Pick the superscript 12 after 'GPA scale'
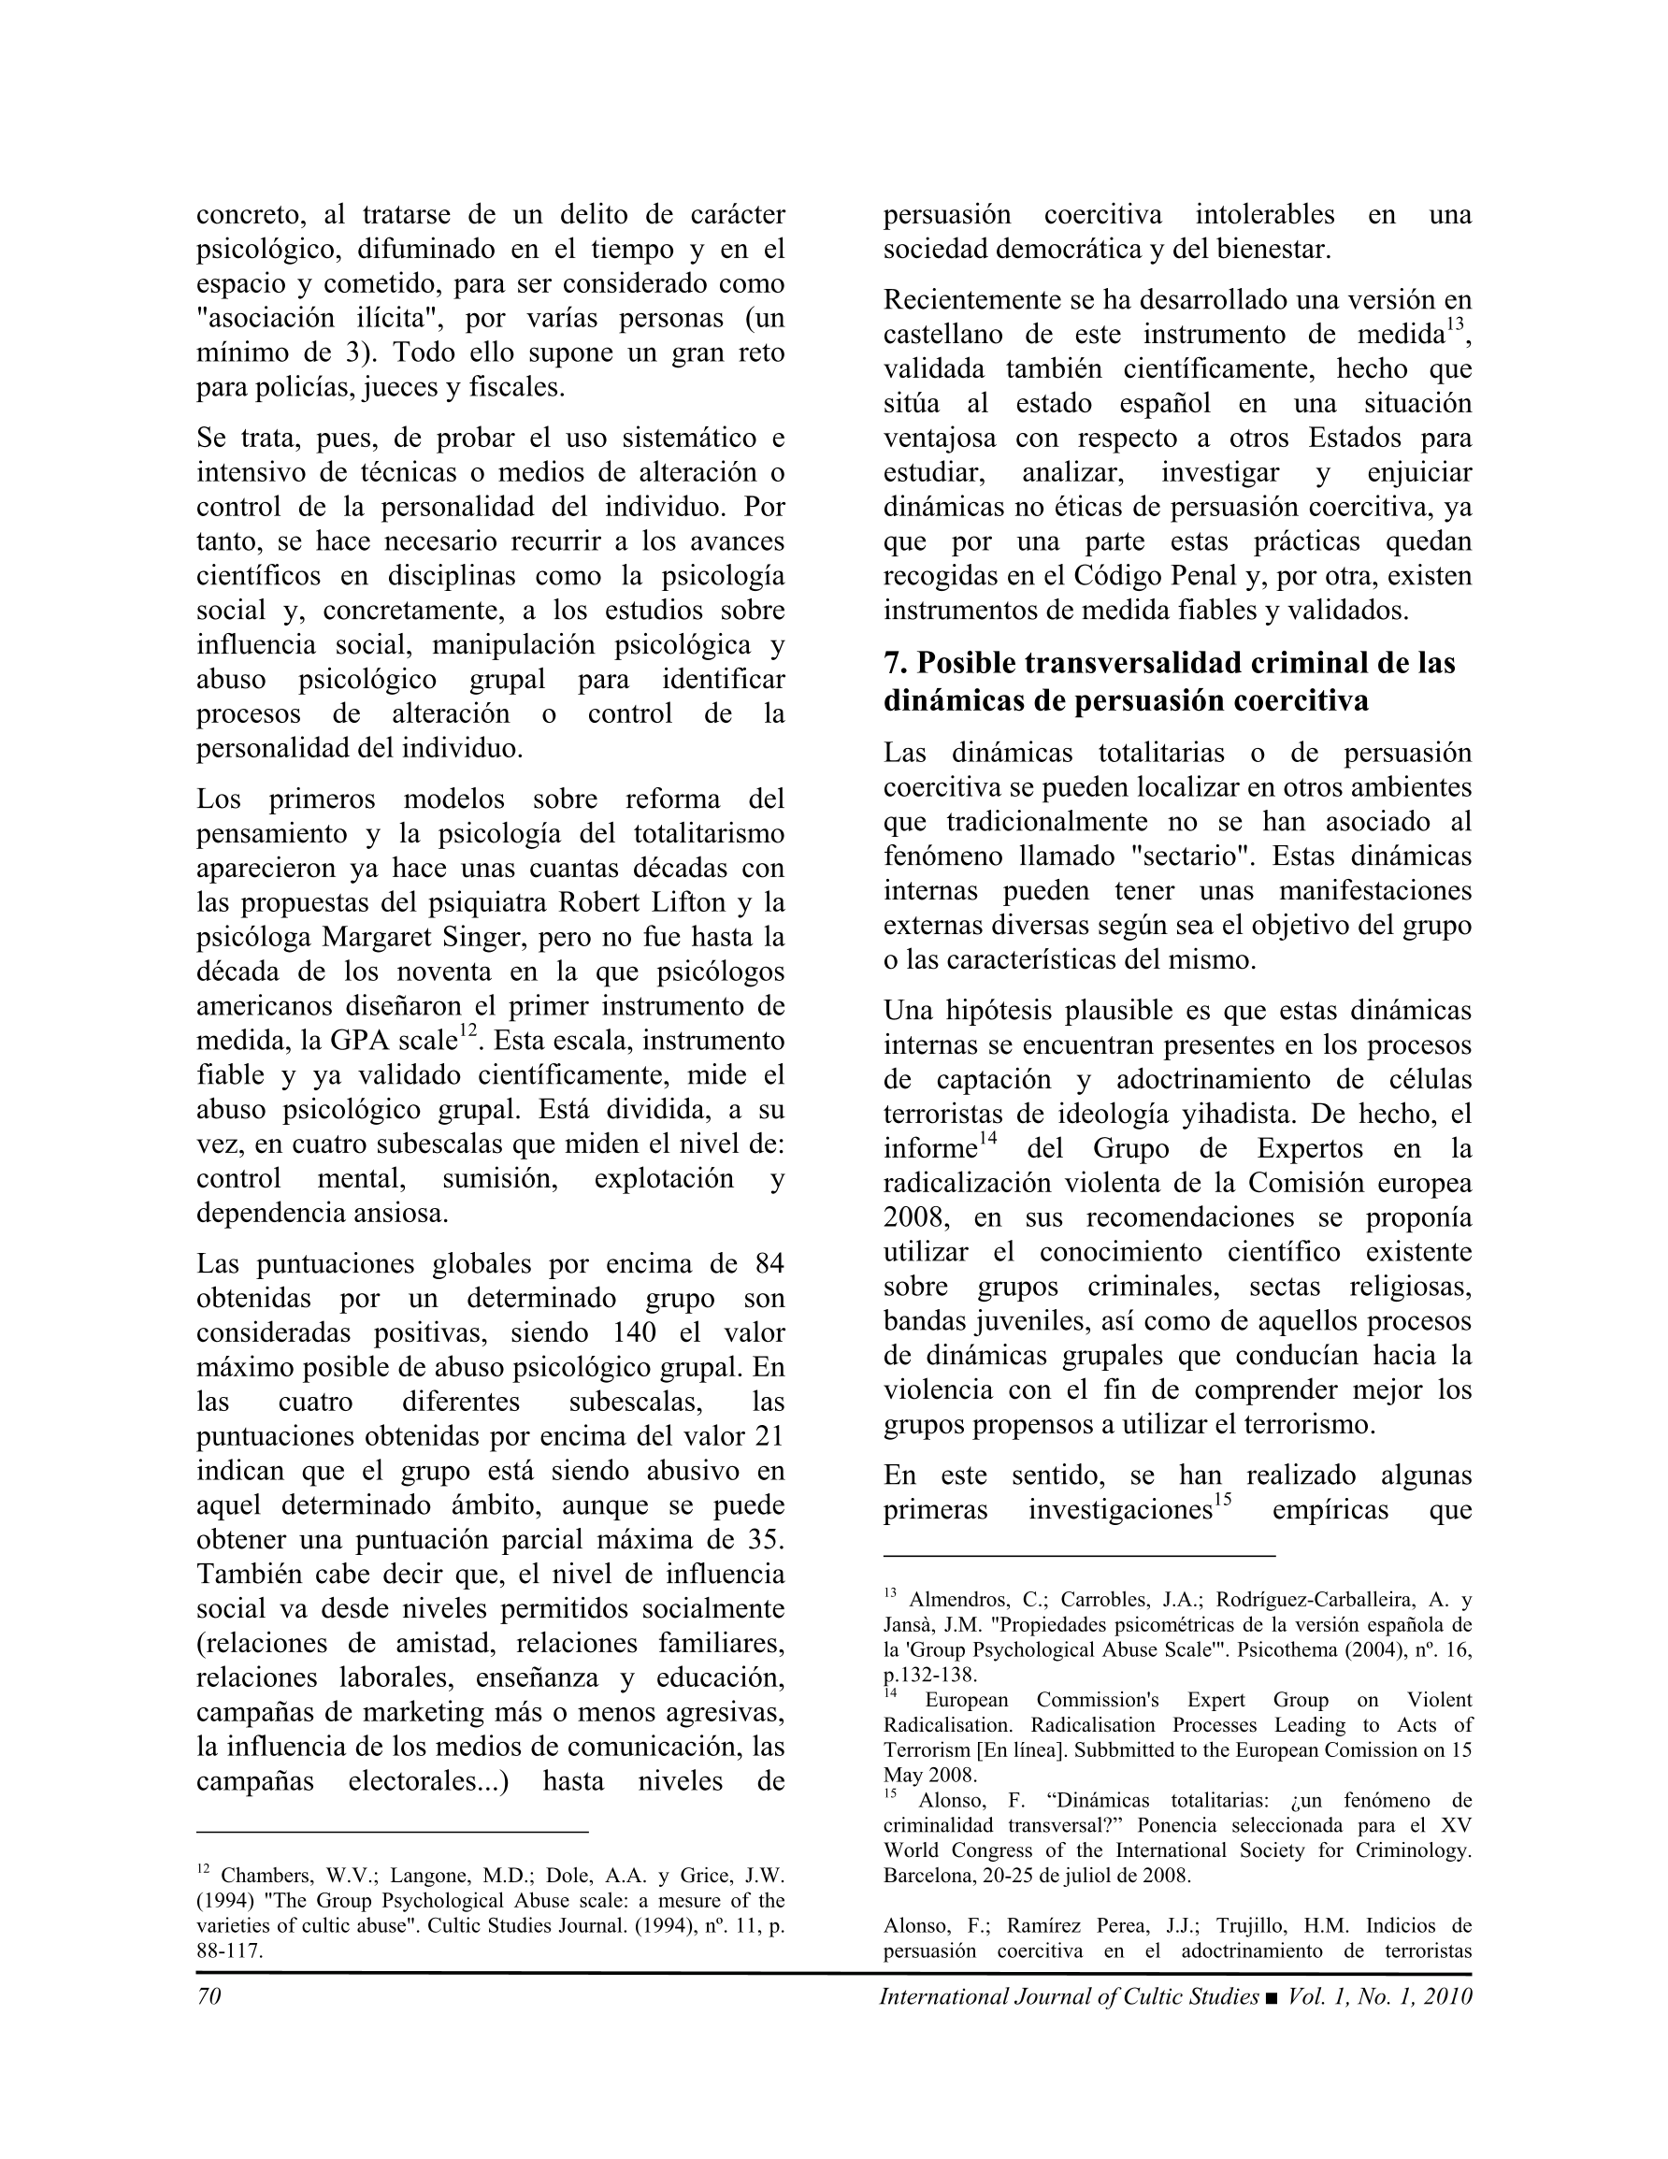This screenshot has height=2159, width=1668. (467, 1032)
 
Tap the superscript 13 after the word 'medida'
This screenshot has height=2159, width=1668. (1455, 325)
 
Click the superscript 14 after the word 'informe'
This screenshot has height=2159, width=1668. (987, 1140)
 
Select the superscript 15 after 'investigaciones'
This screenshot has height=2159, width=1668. (1222, 1502)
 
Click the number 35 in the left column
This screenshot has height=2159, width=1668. (768, 1540)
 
